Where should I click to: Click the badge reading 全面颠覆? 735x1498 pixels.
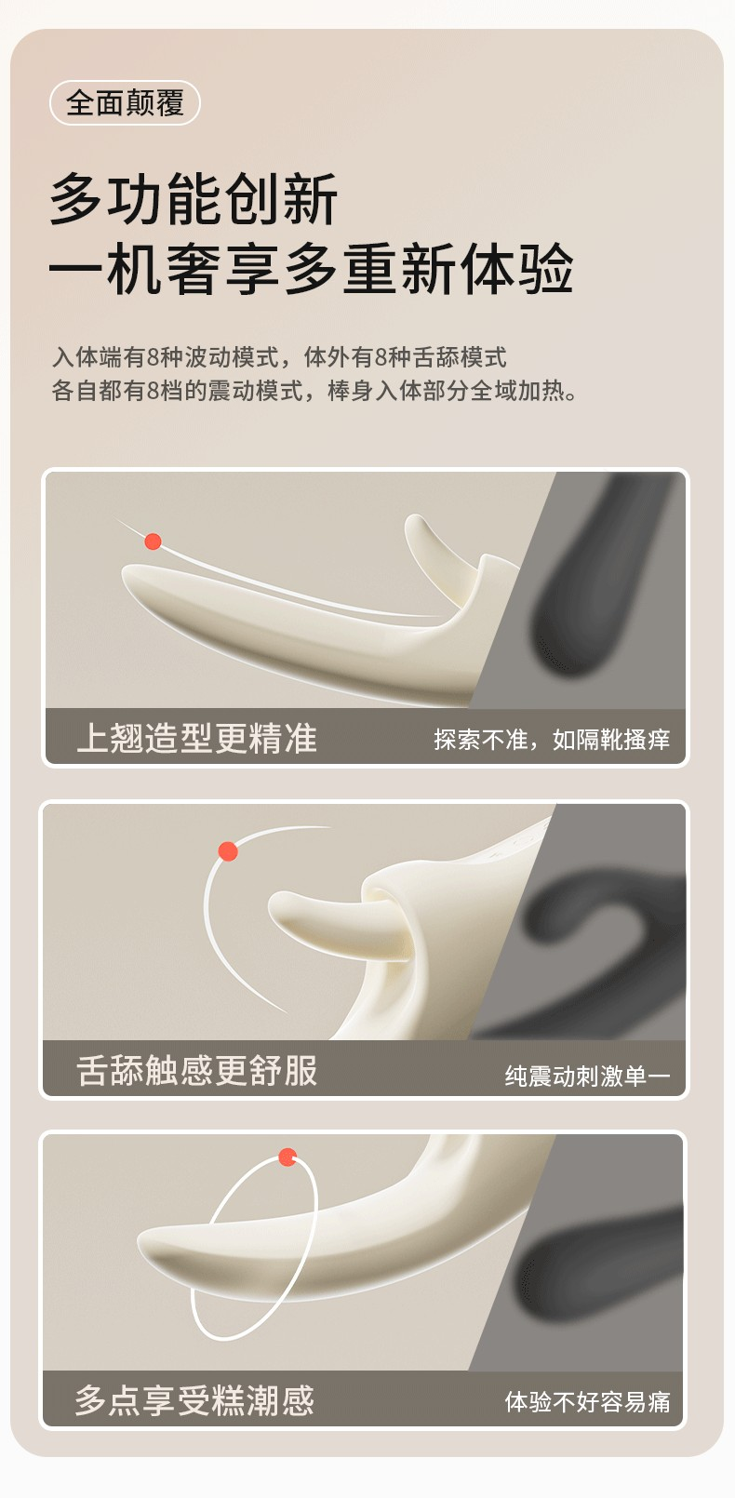[125, 103]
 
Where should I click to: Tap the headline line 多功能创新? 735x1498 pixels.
[194, 198]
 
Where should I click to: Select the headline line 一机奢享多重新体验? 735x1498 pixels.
[312, 269]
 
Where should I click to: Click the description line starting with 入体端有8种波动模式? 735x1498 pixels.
[279, 356]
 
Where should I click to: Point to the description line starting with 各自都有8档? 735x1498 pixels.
[314, 390]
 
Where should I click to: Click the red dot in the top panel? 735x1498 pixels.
[154, 541]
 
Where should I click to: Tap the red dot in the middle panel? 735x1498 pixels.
[228, 851]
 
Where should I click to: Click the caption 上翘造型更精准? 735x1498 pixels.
[196, 739]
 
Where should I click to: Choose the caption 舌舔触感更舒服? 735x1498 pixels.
[196, 1070]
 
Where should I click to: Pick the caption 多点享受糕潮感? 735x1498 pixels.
[194, 1400]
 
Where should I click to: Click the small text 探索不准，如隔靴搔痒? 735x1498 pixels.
[552, 740]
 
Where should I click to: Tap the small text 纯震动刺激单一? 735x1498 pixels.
[587, 1076]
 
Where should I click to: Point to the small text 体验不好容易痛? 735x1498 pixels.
[587, 1401]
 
